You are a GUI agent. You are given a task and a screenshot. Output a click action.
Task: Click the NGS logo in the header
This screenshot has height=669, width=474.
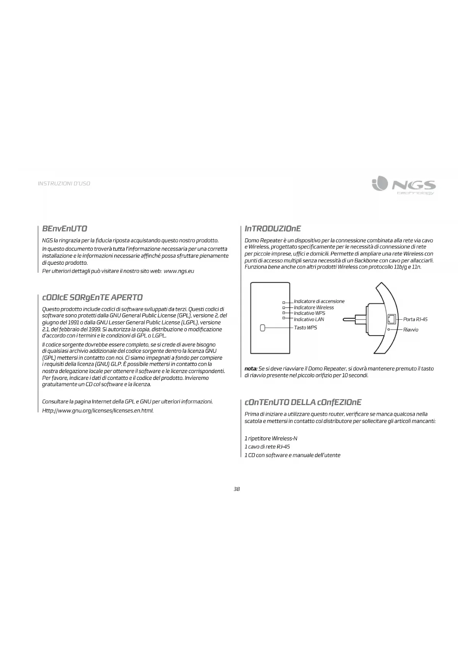coord(403,186)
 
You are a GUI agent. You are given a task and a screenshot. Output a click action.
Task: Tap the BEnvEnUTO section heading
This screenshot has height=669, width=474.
coord(65,229)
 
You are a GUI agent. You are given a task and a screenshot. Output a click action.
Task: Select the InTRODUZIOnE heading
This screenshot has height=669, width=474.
coord(273,229)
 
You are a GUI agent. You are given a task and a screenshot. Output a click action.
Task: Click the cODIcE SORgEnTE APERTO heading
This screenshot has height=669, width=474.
coord(92,298)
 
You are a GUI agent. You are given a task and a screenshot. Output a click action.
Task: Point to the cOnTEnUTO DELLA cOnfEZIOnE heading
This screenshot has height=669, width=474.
coord(303,403)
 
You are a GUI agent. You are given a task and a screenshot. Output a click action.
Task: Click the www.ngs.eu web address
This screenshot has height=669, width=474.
coord(179,271)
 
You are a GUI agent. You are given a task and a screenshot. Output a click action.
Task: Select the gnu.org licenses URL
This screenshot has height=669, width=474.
coord(98,411)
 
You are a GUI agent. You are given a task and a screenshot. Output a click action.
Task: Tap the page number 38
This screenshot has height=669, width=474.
coord(237,489)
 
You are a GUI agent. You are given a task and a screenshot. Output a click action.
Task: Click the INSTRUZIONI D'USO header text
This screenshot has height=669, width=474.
coord(64,184)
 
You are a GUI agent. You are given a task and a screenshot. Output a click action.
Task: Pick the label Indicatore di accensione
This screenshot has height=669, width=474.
coord(319,301)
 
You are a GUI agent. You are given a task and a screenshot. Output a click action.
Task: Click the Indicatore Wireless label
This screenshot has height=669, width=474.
coord(314,307)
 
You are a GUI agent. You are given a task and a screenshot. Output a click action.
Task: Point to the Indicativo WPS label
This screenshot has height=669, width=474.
coord(309,313)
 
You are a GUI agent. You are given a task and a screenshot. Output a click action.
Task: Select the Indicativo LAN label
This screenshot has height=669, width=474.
coord(309,319)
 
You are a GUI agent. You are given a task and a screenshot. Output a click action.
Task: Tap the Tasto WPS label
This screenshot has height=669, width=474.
coord(305,328)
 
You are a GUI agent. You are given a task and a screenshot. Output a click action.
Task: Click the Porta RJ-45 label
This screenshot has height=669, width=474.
coord(415,319)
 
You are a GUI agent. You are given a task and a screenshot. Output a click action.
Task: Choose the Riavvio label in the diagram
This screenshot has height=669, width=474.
coord(411,330)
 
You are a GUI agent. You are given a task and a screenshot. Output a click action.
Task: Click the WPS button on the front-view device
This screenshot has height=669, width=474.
coord(262,328)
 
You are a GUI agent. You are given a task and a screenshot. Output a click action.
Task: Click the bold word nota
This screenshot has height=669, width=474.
coord(251,369)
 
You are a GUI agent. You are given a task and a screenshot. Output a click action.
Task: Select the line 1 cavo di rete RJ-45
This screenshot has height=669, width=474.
coord(267,447)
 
